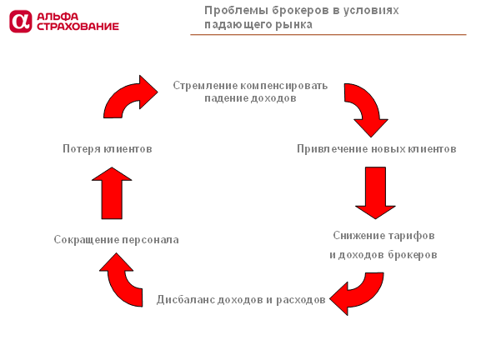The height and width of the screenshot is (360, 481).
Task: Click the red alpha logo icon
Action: [21, 21]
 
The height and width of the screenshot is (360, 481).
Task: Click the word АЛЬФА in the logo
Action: [58, 17]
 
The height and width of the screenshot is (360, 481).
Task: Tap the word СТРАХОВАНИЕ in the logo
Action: [78, 27]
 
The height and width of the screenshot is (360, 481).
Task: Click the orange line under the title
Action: [328, 35]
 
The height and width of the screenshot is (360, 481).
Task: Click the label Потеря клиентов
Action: [108, 148]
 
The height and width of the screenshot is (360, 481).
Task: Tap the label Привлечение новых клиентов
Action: [377, 148]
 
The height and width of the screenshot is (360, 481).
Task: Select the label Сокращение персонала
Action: [116, 239]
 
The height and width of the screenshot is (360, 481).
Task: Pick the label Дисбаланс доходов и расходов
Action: [241, 300]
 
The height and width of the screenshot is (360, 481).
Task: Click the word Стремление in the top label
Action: [205, 86]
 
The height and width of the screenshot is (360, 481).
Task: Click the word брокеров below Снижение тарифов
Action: [413, 255]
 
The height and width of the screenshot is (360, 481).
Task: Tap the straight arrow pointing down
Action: [375, 192]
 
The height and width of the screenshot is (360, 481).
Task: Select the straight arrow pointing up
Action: [112, 192]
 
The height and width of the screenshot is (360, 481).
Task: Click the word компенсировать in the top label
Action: [283, 86]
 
